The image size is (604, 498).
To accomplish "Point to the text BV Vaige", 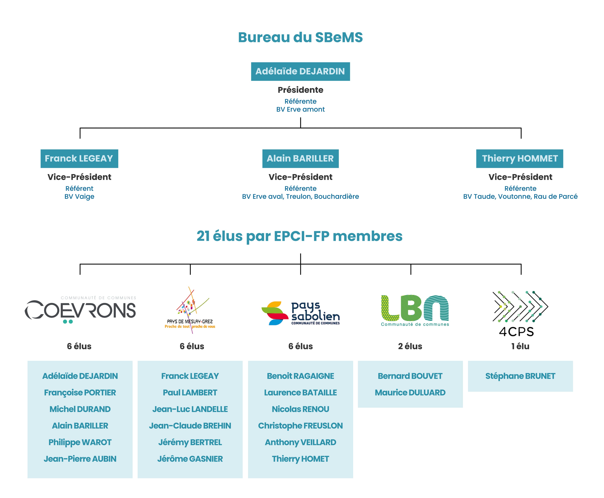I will coord(79,196).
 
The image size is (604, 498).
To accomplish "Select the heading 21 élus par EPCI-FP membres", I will coord(300,236).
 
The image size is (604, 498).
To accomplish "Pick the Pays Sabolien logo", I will coord(300,313).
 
